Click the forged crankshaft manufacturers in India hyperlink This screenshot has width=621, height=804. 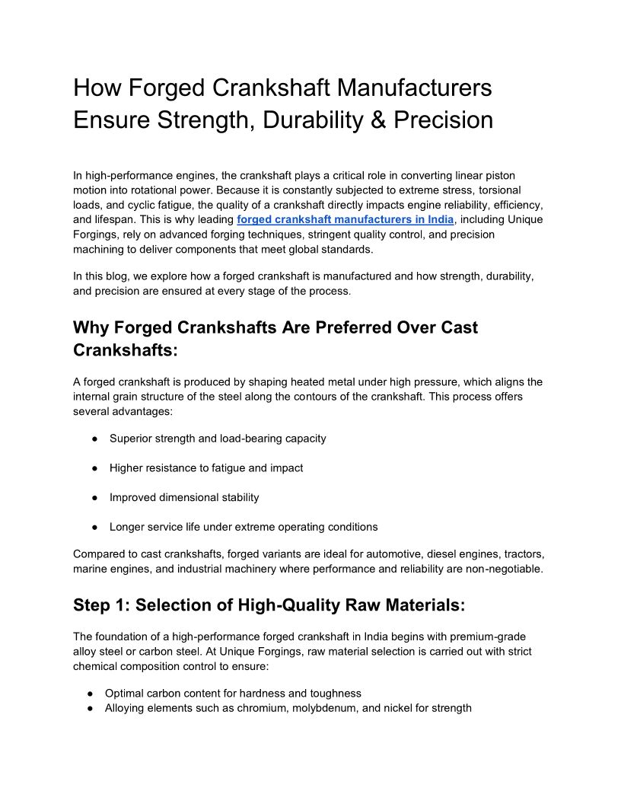click(346, 220)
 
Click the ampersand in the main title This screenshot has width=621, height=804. click(381, 120)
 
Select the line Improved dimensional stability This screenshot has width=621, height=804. click(184, 497)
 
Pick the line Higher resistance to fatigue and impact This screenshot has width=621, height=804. click(206, 468)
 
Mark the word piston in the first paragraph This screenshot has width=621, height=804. click(501, 176)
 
